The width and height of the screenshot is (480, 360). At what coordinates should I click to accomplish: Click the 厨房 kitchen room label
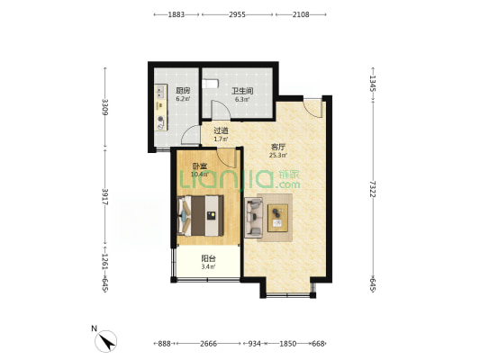coord(183,91)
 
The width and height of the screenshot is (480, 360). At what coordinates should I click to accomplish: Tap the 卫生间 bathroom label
coord(242,91)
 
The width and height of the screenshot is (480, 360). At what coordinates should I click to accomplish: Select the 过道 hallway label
coord(221,130)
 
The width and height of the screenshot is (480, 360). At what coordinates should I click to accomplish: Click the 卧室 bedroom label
coord(200,166)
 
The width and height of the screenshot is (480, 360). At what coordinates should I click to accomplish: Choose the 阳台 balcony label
coord(208,258)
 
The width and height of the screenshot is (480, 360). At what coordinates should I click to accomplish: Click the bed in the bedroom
coord(201,216)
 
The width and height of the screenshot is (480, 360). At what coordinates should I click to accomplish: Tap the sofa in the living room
coord(253,218)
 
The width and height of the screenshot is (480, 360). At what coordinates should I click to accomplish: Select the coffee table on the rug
coord(277,218)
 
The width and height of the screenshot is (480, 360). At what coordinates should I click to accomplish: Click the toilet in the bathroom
coord(211,84)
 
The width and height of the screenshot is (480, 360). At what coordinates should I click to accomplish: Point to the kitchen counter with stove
coord(161,108)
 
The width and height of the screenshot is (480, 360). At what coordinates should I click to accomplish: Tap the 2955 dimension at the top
coord(237,14)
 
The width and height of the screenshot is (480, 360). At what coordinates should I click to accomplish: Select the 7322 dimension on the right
coord(373,189)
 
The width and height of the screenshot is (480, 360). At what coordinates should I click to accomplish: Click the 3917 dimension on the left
coord(105,197)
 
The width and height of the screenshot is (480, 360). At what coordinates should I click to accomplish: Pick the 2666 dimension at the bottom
coord(208,344)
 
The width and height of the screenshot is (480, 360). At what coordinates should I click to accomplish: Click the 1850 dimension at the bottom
coord(288,344)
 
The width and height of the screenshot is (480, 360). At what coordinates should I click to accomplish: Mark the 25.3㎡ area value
coord(277,156)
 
